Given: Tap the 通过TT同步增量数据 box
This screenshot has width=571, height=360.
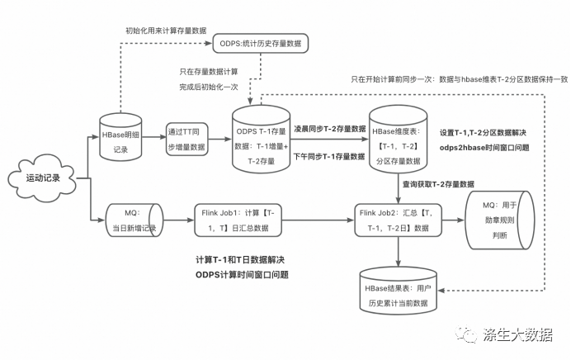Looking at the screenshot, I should tap(187, 138).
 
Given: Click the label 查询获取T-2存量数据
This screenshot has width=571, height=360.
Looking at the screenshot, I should tap(438, 184).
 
